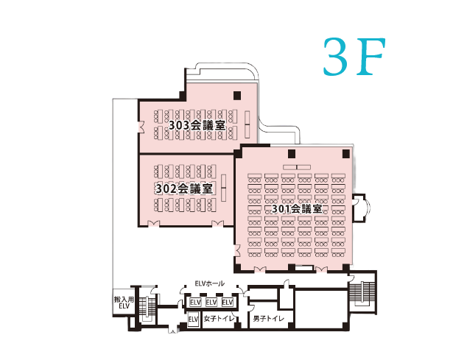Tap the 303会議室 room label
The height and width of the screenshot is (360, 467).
(197, 126)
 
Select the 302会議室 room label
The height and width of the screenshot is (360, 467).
(184, 188)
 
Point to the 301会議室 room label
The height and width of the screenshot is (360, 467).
(297, 209)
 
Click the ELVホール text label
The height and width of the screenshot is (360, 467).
(209, 283)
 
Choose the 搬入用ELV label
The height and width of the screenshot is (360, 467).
(122, 304)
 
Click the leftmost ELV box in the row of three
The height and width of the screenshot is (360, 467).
(195, 303)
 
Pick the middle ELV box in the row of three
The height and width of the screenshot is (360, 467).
(211, 303)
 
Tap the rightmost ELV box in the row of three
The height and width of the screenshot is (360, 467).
(228, 303)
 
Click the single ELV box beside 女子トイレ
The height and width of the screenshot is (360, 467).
(193, 320)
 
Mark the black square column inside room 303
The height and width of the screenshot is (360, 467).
(236, 96)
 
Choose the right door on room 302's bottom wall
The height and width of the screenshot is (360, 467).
(217, 223)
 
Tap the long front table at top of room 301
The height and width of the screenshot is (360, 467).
(296, 167)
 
